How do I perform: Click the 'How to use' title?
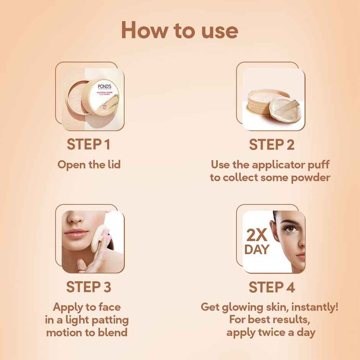click(x=180, y=30)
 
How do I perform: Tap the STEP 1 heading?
click(x=89, y=145)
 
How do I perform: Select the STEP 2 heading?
click(x=271, y=145)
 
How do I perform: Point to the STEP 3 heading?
click(x=89, y=287)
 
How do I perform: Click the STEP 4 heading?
click(x=271, y=287)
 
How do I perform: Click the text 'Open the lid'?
click(x=89, y=165)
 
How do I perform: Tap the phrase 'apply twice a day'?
click(x=270, y=332)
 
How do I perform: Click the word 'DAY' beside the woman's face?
click(x=257, y=249)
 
